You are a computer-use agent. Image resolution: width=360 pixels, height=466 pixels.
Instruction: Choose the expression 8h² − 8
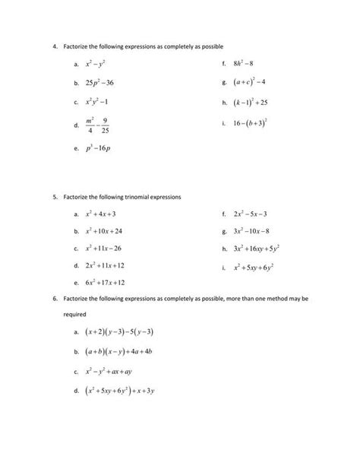point(248,64)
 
